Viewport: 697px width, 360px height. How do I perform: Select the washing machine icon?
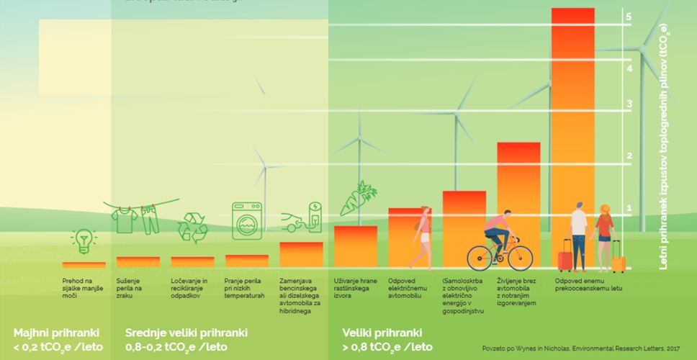(246, 221)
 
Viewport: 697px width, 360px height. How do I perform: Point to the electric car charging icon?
(302, 220)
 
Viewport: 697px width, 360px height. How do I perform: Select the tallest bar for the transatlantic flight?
(583, 137)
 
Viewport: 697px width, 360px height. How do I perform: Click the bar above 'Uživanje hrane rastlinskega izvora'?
(356, 246)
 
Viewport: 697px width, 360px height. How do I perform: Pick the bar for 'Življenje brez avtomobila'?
(518, 204)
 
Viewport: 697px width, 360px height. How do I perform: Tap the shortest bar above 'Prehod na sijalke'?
(79, 265)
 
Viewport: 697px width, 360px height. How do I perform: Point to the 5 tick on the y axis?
(629, 17)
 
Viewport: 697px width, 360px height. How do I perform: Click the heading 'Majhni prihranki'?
(56, 333)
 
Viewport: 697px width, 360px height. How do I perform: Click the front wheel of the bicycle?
(518, 257)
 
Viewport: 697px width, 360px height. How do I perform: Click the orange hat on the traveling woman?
(605, 208)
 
